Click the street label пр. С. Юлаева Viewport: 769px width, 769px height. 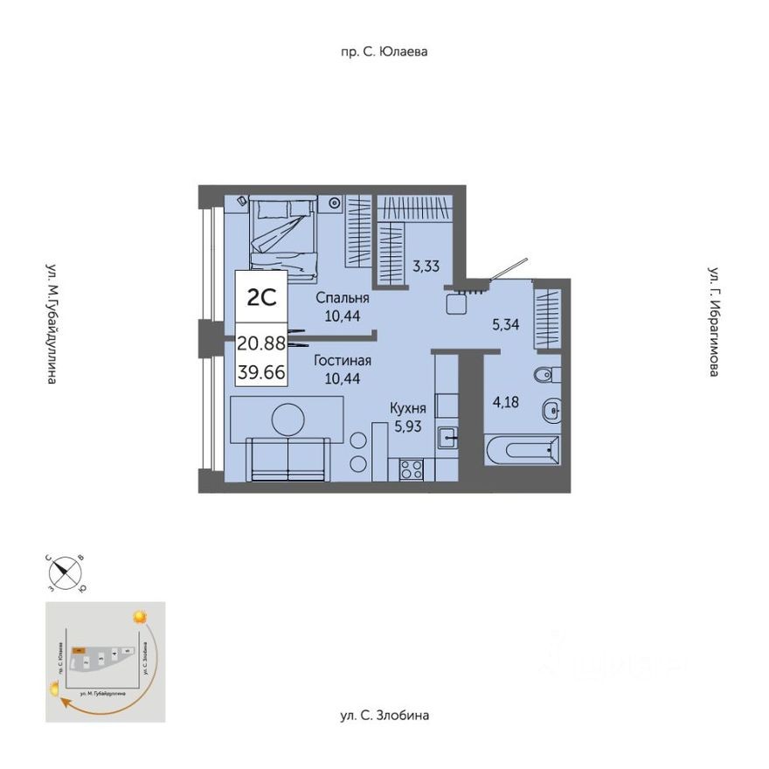384,52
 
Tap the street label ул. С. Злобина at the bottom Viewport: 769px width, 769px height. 384,716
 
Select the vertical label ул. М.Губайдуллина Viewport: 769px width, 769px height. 52,323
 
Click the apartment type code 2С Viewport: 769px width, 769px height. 261,297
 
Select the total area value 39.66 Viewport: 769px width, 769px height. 261,370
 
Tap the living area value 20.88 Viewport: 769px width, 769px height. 261,343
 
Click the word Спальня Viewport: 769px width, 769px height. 342,298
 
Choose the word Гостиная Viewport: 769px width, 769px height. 342,360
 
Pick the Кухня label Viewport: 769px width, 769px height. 408,407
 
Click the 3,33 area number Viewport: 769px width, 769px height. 426,267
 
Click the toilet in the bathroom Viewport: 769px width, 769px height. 543,375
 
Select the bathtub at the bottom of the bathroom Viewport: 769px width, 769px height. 522,451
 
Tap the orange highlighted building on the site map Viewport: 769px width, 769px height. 79,651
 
